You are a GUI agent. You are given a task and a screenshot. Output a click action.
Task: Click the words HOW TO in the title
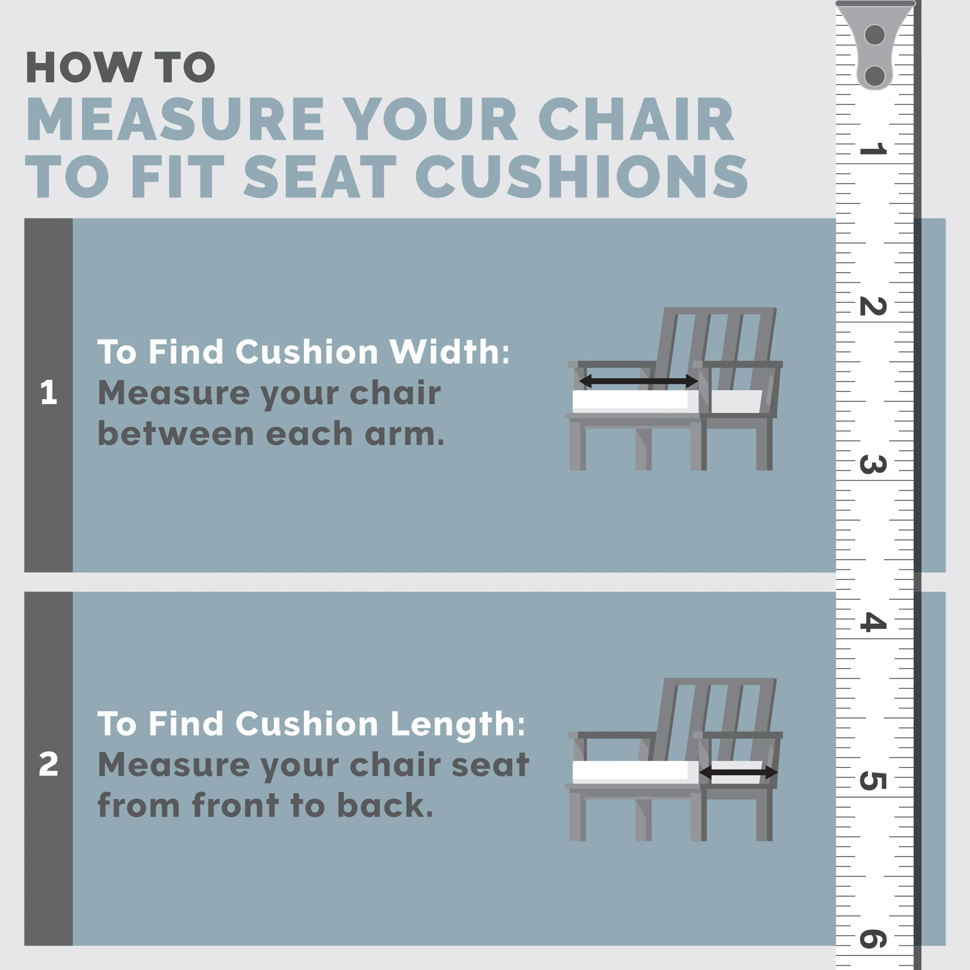tap(121, 67)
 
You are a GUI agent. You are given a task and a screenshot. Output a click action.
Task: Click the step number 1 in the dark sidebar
tap(49, 392)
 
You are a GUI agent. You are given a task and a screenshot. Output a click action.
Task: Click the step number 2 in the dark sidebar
tap(49, 764)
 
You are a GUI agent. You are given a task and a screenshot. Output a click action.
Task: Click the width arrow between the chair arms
tap(639, 382)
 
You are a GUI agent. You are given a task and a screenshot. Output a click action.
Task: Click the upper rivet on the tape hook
tap(875, 35)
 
